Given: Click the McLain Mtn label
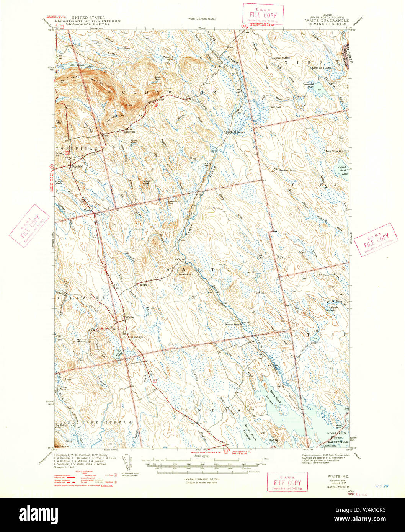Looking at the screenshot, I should (x=185, y=273).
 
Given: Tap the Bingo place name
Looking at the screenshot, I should (x=144, y=285).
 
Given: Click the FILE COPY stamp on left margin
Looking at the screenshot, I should (x=29, y=226).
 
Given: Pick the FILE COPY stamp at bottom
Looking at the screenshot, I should (x=287, y=481).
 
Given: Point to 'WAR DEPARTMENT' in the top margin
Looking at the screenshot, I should (x=202, y=18).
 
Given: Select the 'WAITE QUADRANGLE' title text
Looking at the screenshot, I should (x=327, y=21).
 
